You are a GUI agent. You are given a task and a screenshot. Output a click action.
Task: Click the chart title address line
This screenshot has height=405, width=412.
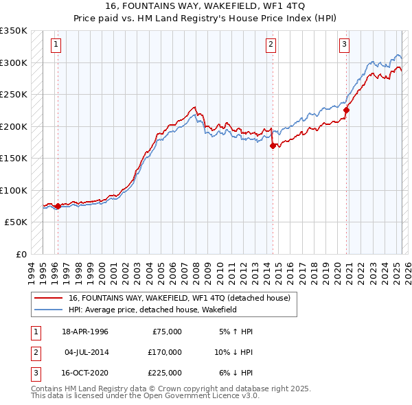205,6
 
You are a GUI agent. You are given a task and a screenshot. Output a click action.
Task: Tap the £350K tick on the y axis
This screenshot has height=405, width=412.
14,31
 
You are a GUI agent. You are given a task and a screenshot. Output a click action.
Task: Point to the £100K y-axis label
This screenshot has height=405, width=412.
14,190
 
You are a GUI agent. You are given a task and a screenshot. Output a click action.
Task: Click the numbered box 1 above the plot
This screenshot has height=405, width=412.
56,45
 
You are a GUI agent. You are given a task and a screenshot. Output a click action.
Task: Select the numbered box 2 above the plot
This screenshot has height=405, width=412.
271,45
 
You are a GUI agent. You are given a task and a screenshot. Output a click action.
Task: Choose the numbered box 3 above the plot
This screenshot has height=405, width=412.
344,45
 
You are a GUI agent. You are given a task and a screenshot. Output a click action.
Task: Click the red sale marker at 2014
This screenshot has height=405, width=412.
273,146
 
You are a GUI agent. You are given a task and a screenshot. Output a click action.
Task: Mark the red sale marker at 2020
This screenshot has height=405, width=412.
347,110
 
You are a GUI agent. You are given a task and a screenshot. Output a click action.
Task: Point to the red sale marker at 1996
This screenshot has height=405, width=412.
58,206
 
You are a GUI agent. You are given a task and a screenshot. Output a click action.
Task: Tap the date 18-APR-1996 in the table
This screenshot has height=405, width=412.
85,332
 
